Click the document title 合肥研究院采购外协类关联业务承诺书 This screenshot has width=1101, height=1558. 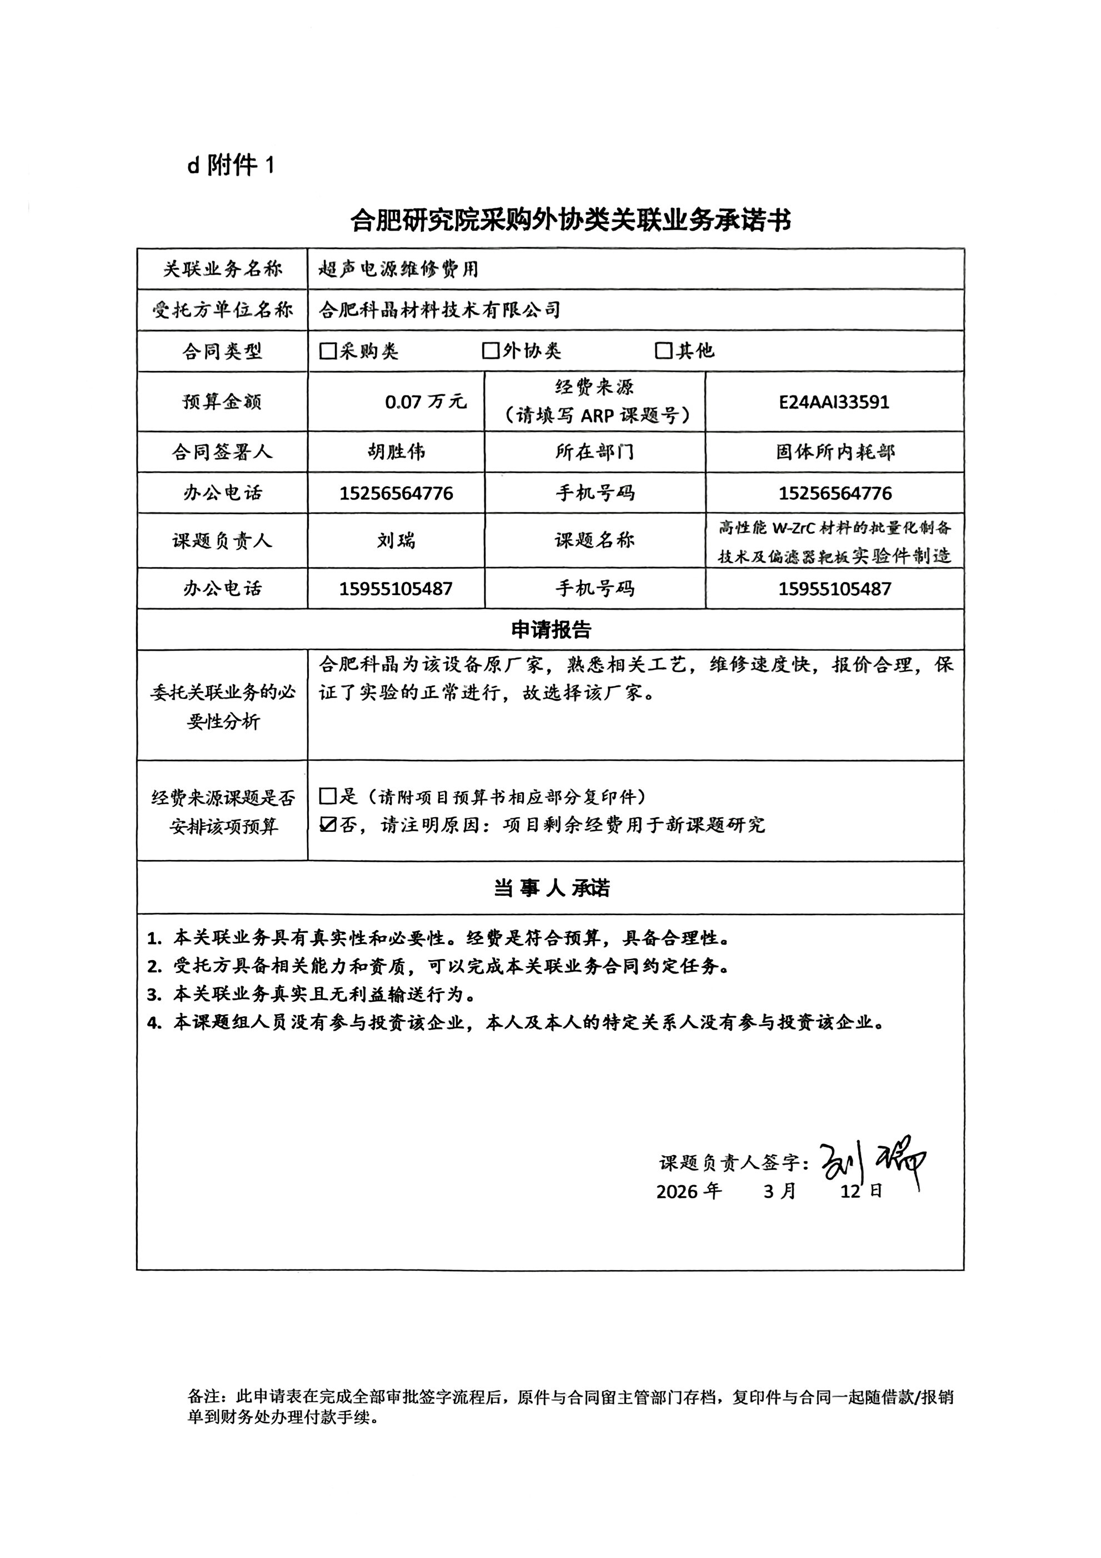pyautogui.click(x=570, y=221)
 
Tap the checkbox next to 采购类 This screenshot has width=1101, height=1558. pyautogui.click(x=328, y=351)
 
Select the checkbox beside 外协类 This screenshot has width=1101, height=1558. pyautogui.click(x=491, y=351)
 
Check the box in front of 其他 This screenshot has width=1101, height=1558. pyautogui.click(x=663, y=351)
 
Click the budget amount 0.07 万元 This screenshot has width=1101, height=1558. pyautogui.click(x=426, y=402)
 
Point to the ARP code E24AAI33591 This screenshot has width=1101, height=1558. pyautogui.click(x=834, y=402)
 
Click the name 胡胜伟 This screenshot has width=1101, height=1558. pyautogui.click(x=396, y=452)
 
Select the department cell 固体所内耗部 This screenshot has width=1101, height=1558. pyautogui.click(x=835, y=452)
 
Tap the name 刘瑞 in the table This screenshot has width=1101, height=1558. pyautogui.click(x=396, y=541)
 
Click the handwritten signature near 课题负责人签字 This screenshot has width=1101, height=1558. pyautogui.click(x=872, y=1163)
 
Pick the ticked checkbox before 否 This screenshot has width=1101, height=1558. pyautogui.click(x=328, y=825)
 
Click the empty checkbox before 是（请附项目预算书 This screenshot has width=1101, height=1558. pyautogui.click(x=328, y=796)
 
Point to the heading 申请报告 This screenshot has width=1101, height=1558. pyautogui.click(x=551, y=630)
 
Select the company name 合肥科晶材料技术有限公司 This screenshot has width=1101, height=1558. pyautogui.click(x=439, y=310)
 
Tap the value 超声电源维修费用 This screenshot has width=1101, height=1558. pyautogui.click(x=399, y=269)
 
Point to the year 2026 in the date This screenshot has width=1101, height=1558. pyautogui.click(x=677, y=1192)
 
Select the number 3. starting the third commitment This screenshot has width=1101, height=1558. pyautogui.click(x=154, y=995)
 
